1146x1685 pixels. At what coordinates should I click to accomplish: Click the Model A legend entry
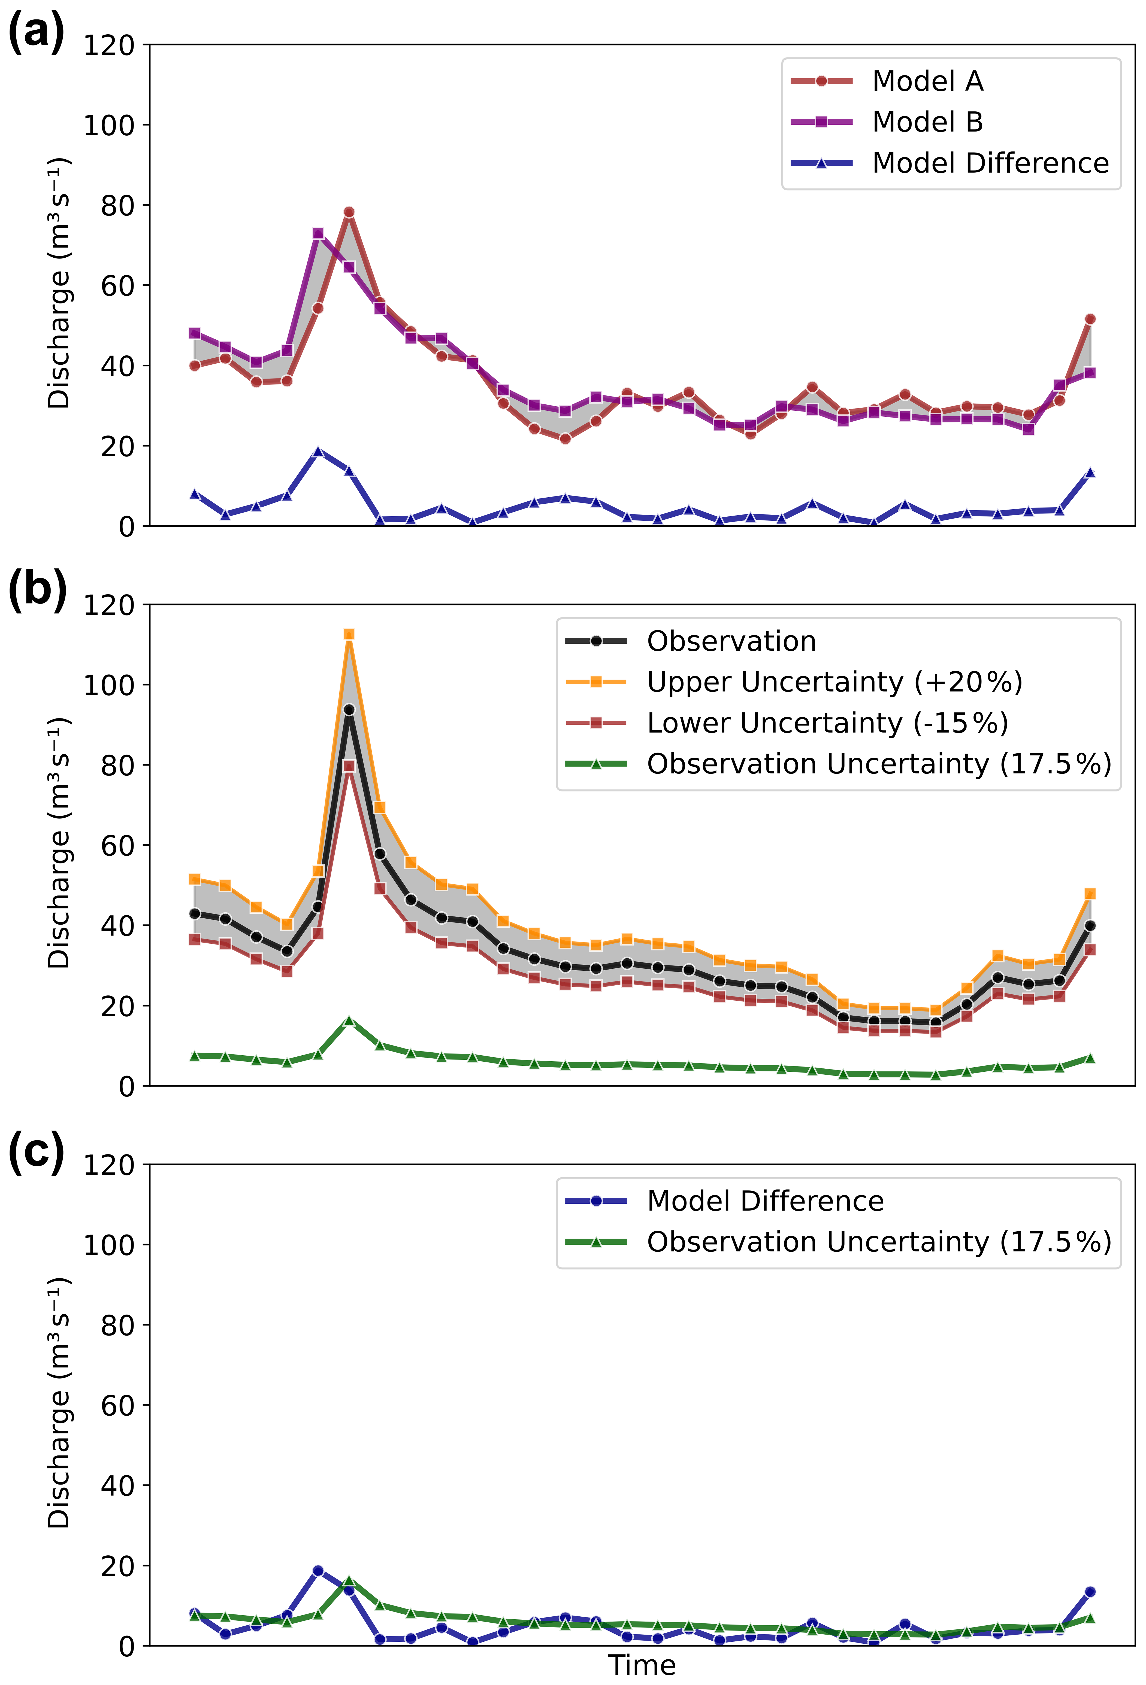click(x=927, y=81)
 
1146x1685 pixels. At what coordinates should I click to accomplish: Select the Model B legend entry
click(x=927, y=122)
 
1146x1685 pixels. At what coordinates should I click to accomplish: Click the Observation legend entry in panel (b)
click(x=731, y=641)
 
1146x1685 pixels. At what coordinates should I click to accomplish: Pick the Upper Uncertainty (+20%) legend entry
click(x=834, y=681)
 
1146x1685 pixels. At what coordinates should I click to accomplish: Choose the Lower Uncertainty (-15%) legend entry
click(x=827, y=723)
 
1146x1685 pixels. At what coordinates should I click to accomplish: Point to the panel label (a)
click(x=36, y=33)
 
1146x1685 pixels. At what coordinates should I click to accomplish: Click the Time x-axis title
click(x=641, y=1665)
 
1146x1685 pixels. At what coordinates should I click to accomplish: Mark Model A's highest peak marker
click(x=349, y=212)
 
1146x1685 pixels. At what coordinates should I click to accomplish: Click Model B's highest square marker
click(x=318, y=233)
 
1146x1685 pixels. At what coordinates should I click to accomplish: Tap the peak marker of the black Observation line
click(x=349, y=710)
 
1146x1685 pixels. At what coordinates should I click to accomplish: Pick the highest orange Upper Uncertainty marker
click(x=349, y=634)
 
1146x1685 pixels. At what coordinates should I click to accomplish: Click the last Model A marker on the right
click(x=1089, y=319)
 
